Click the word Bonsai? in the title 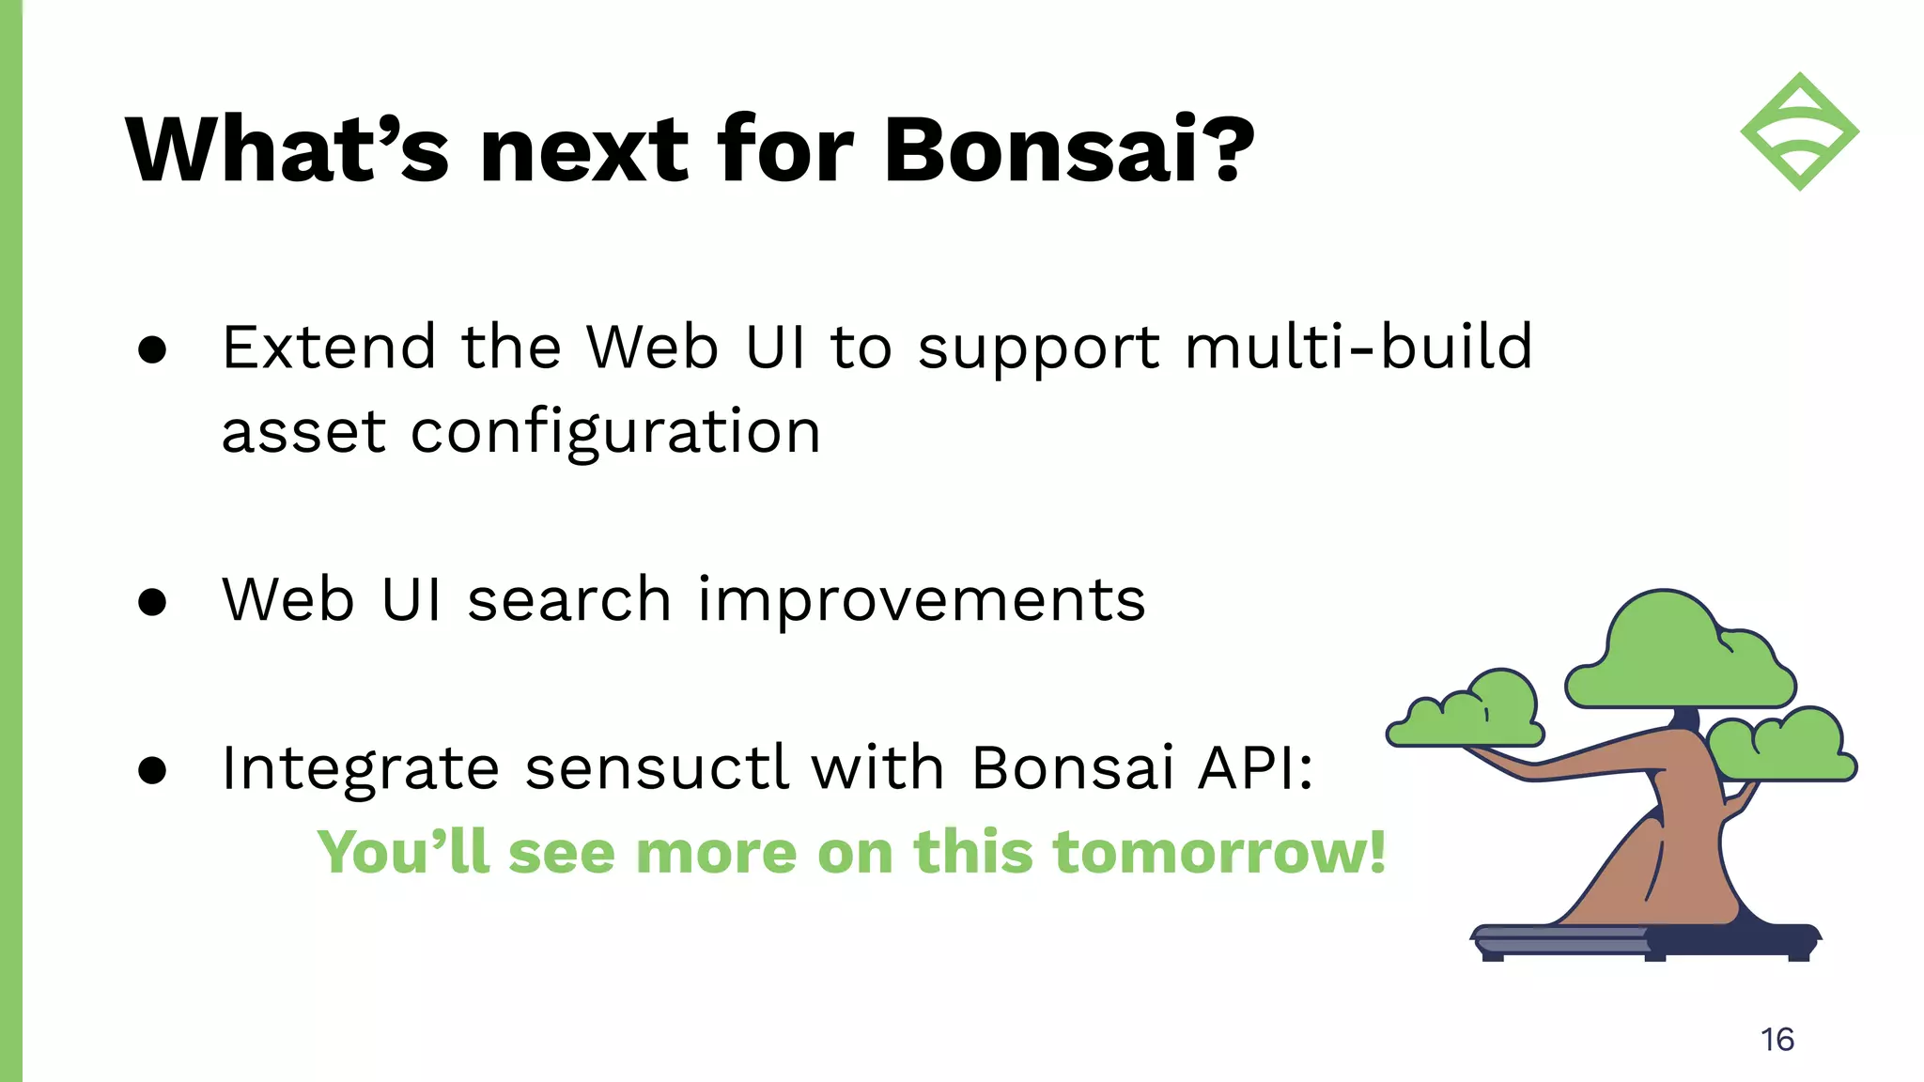(x=1068, y=150)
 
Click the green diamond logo (x=1799, y=131)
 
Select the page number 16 (x=1777, y=1040)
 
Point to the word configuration (x=615, y=434)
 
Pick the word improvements (x=921, y=601)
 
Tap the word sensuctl (x=656, y=768)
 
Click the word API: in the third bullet (x=1255, y=768)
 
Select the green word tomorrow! (x=1218, y=853)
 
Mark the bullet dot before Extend (x=152, y=349)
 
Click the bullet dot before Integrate (x=152, y=770)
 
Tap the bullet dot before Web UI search (x=152, y=602)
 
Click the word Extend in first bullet (x=329, y=348)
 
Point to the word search (x=568, y=601)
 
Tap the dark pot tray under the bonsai (x=1644, y=941)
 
